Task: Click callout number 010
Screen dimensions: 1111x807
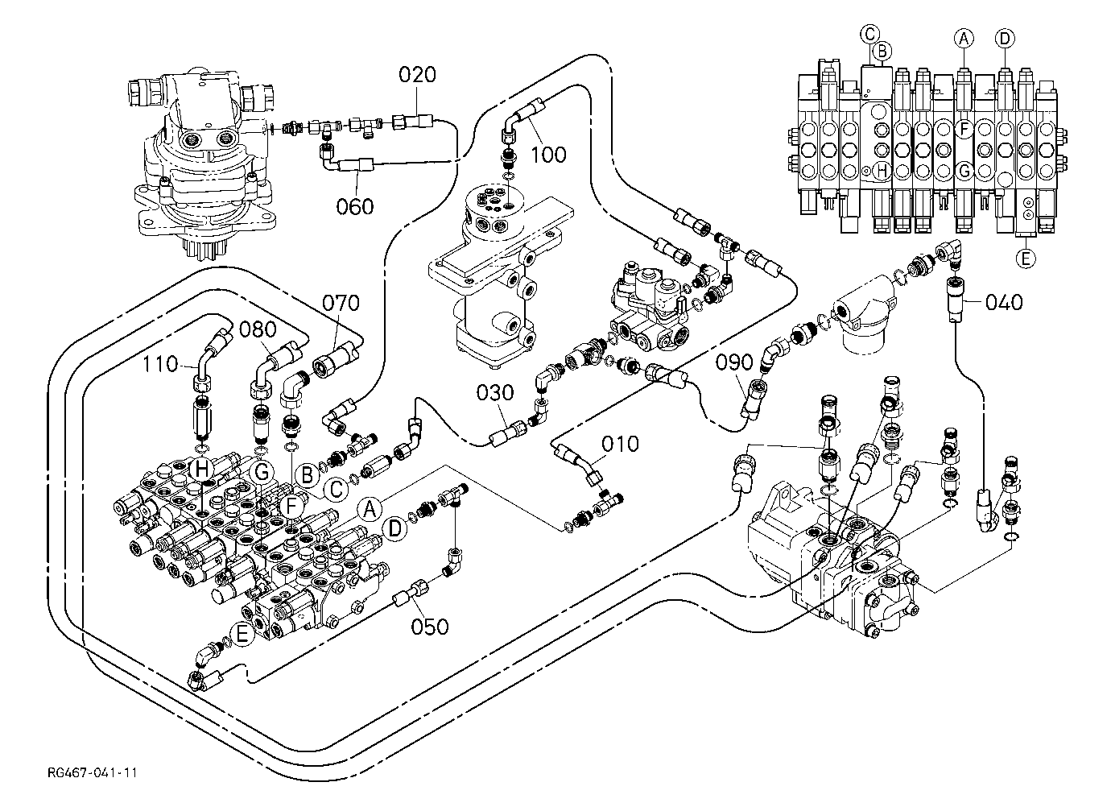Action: (x=620, y=444)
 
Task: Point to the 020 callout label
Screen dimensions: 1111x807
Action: (x=417, y=74)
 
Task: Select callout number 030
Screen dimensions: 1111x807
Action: (x=494, y=393)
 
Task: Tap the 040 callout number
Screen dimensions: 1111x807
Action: (x=1004, y=302)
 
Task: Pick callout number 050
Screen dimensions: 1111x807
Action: (x=430, y=627)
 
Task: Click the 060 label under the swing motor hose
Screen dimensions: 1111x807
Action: (x=355, y=206)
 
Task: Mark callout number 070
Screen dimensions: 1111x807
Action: (x=341, y=303)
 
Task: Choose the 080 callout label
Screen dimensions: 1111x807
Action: (x=258, y=329)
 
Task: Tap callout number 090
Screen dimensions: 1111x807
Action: (x=734, y=362)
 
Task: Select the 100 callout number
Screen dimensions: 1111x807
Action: (x=548, y=155)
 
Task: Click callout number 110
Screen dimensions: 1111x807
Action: (x=160, y=364)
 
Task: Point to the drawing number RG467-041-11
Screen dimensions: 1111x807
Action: (x=93, y=772)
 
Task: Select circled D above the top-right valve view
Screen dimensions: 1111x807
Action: (x=1005, y=38)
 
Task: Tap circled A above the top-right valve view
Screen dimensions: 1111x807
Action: (x=964, y=38)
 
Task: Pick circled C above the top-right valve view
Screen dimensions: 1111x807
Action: (x=869, y=34)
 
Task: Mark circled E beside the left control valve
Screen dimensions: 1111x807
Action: (x=242, y=634)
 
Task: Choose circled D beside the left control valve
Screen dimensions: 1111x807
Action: (x=394, y=528)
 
